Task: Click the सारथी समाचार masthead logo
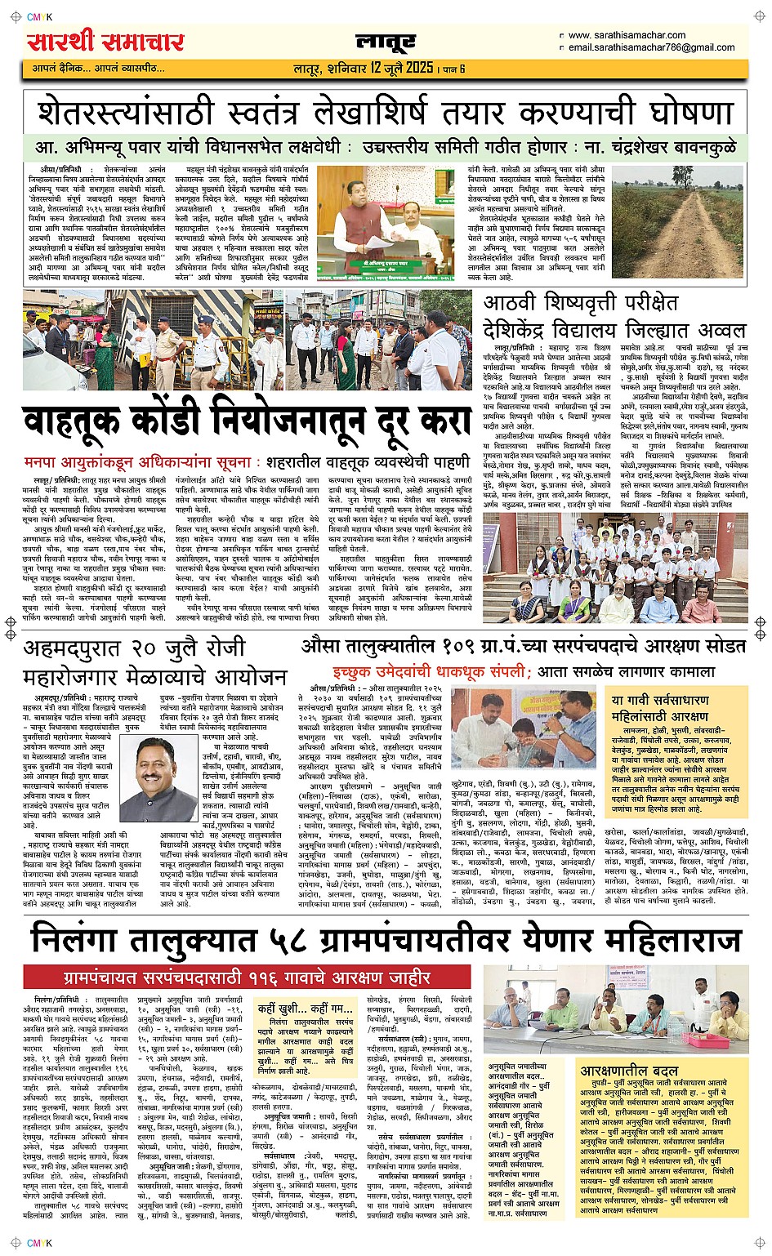[x=105, y=42]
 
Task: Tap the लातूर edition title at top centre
[x=385, y=42]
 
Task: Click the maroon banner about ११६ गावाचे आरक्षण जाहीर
[x=247, y=978]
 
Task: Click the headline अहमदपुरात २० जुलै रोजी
[x=135, y=648]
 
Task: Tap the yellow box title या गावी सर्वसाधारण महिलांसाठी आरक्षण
[x=660, y=708]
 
